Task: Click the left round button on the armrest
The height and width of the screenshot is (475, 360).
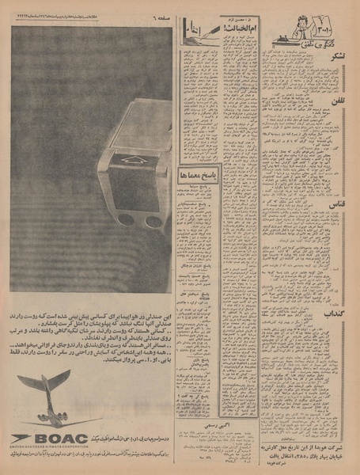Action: tap(123, 221)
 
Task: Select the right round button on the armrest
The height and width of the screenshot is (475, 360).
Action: tap(152, 222)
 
